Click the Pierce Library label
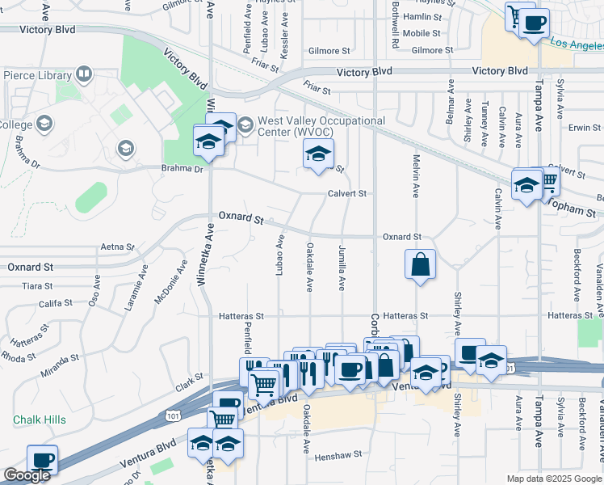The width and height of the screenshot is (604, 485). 36,76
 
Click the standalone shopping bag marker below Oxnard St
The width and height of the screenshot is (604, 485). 421,264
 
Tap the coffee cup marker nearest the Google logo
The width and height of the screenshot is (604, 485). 42,461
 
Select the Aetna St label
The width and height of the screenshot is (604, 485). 115,247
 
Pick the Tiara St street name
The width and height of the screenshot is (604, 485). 37,286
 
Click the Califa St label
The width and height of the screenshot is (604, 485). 56,304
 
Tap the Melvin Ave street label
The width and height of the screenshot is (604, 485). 416,177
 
